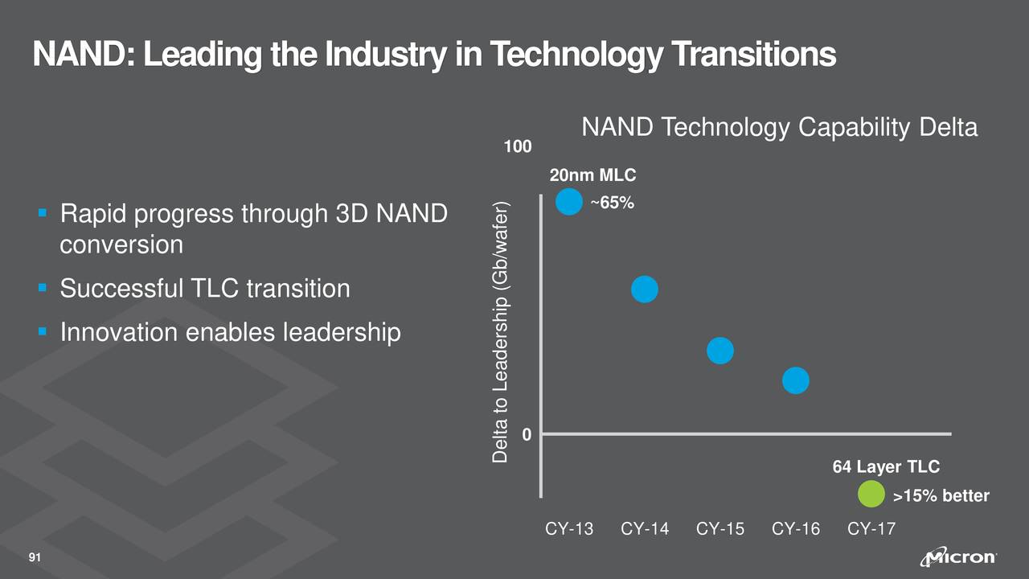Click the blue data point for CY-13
point(569,202)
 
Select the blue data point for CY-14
point(645,289)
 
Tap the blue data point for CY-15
point(720,351)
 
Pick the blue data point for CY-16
point(795,380)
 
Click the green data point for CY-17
point(871,495)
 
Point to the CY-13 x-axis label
point(569,529)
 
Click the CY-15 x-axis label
point(720,529)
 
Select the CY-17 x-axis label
point(871,529)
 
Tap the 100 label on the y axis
point(518,147)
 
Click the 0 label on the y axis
point(527,435)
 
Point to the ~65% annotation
point(612,203)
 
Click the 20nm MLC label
point(592,175)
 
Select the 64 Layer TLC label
point(886,467)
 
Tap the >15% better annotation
point(941,496)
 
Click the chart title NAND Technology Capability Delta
point(779,128)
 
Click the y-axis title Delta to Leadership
point(501,331)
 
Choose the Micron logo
point(961,558)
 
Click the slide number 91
point(35,558)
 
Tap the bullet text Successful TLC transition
point(205,288)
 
